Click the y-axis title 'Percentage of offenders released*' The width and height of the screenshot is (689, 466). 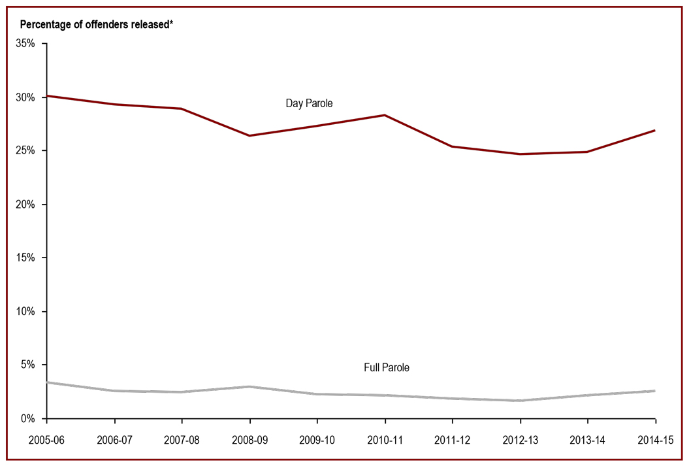click(x=97, y=25)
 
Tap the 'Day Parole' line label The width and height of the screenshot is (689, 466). click(x=310, y=104)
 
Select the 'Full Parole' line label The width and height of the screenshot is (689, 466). click(x=387, y=368)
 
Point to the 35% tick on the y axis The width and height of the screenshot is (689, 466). click(x=27, y=44)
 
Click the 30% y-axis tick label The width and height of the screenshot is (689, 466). click(x=27, y=97)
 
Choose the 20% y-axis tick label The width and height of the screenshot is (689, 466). click(x=27, y=205)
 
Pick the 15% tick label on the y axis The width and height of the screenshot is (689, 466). click(x=27, y=258)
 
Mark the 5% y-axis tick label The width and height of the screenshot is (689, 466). click(x=29, y=365)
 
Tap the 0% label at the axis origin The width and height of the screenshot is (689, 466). click(x=29, y=418)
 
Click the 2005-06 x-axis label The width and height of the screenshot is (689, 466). click(x=47, y=439)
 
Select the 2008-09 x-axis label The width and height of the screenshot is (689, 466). click(x=249, y=439)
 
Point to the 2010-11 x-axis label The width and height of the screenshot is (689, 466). click(x=384, y=439)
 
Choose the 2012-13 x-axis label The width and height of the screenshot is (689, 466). click(x=520, y=439)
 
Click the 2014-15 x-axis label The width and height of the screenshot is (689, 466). click(x=654, y=439)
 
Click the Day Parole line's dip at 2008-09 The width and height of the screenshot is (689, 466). click(x=249, y=135)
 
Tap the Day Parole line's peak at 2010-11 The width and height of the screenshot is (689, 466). click(x=385, y=115)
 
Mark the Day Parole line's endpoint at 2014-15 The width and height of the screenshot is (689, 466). click(x=654, y=130)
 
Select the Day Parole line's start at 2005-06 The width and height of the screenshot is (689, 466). click(x=48, y=96)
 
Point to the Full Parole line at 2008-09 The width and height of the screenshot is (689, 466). click(x=249, y=386)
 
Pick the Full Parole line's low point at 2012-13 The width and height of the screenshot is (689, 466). click(x=520, y=401)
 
